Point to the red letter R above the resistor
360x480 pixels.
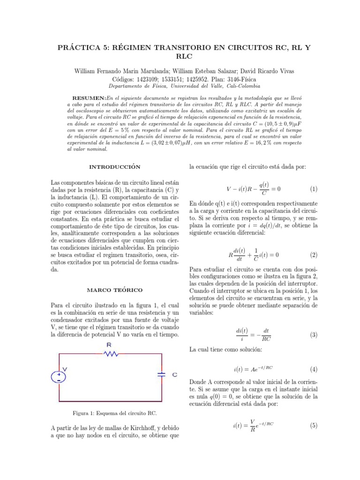(x=109, y=345)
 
